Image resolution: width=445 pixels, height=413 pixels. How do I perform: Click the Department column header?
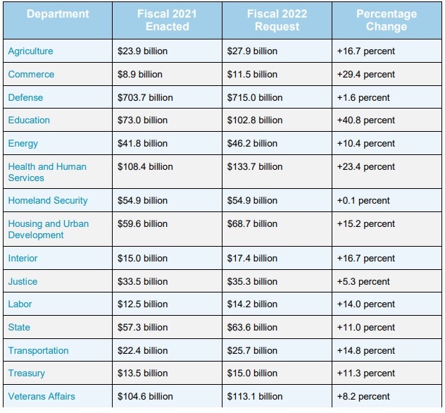[58, 14]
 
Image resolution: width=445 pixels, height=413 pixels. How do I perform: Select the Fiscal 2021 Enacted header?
[167, 20]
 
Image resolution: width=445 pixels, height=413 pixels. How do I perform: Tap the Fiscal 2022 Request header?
[277, 20]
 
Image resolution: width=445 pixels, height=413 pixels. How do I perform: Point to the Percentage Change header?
[386, 20]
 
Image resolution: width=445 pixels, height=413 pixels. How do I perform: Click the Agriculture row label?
[30, 51]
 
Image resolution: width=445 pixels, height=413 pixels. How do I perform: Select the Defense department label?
[25, 97]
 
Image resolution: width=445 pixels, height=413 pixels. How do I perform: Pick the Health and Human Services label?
[47, 172]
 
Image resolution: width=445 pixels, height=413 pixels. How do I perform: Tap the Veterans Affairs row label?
[42, 396]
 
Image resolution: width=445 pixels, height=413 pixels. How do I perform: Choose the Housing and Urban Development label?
[49, 229]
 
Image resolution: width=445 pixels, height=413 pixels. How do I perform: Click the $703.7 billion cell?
[145, 97]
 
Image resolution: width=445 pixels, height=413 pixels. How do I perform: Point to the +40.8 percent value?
[367, 121]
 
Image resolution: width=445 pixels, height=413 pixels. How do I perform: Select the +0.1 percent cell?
[364, 201]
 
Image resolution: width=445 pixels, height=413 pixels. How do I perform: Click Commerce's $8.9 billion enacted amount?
[140, 75]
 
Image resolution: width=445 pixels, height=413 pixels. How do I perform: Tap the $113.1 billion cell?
[255, 396]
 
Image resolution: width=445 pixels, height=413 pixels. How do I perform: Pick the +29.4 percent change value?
[367, 75]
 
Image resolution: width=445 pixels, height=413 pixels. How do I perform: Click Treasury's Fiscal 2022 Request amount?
[252, 374]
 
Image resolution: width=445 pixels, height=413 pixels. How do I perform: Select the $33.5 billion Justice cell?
[142, 281]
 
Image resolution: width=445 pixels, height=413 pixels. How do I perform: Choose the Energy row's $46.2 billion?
[252, 144]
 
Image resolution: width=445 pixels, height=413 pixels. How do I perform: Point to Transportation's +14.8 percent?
[367, 350]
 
